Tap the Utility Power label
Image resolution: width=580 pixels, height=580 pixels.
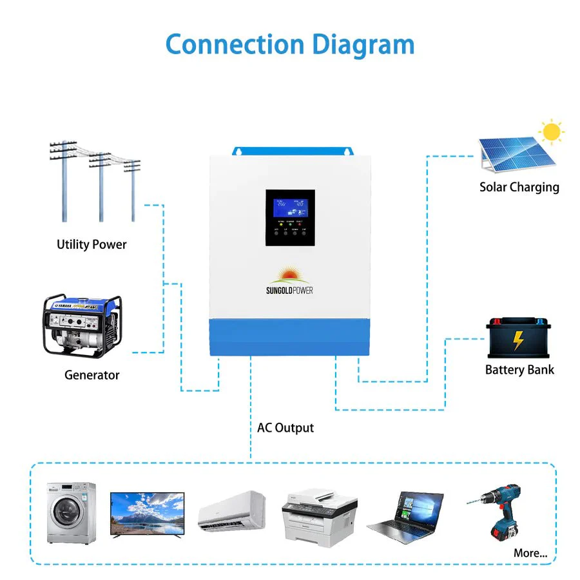coord(92,245)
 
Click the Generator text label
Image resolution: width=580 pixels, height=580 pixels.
coord(92,375)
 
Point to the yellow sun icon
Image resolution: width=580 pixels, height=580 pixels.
coord(551,132)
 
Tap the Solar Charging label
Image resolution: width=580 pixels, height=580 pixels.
coord(519,188)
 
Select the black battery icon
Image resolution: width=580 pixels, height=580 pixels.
coord(519,339)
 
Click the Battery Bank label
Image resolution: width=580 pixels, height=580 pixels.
coord(519,370)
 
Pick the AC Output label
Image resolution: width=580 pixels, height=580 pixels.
coord(285,428)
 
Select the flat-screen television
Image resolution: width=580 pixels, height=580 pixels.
coord(147,513)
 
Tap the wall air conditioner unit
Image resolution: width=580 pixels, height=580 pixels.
coord(232,511)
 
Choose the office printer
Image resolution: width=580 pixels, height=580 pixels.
coord(320,516)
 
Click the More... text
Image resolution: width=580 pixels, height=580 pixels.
coord(530,553)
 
